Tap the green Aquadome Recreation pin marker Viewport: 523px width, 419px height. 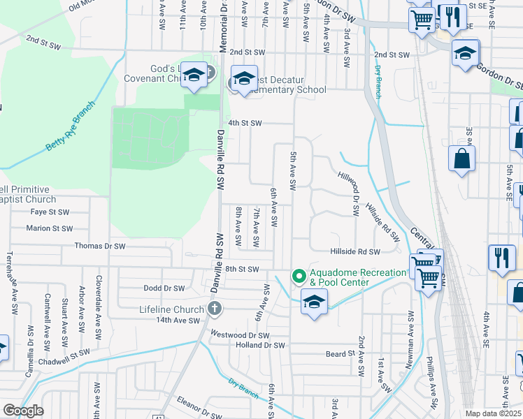(x=299, y=277)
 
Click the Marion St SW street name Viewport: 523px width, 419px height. (x=49, y=228)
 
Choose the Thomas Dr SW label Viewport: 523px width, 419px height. (x=100, y=246)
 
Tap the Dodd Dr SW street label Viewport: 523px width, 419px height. (x=164, y=288)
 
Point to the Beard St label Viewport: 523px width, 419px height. (x=341, y=354)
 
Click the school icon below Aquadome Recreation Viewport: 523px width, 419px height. (x=315, y=303)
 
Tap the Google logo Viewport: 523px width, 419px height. (x=23, y=411)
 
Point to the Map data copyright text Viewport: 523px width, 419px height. (x=493, y=413)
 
